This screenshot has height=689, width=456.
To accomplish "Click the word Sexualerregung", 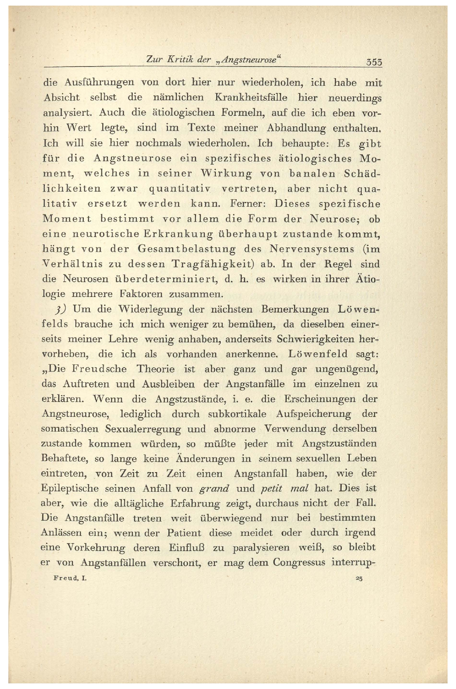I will click(143, 428).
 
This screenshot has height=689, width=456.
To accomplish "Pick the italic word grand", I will click(214, 489).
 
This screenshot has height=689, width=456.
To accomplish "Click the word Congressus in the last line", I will click(299, 562).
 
